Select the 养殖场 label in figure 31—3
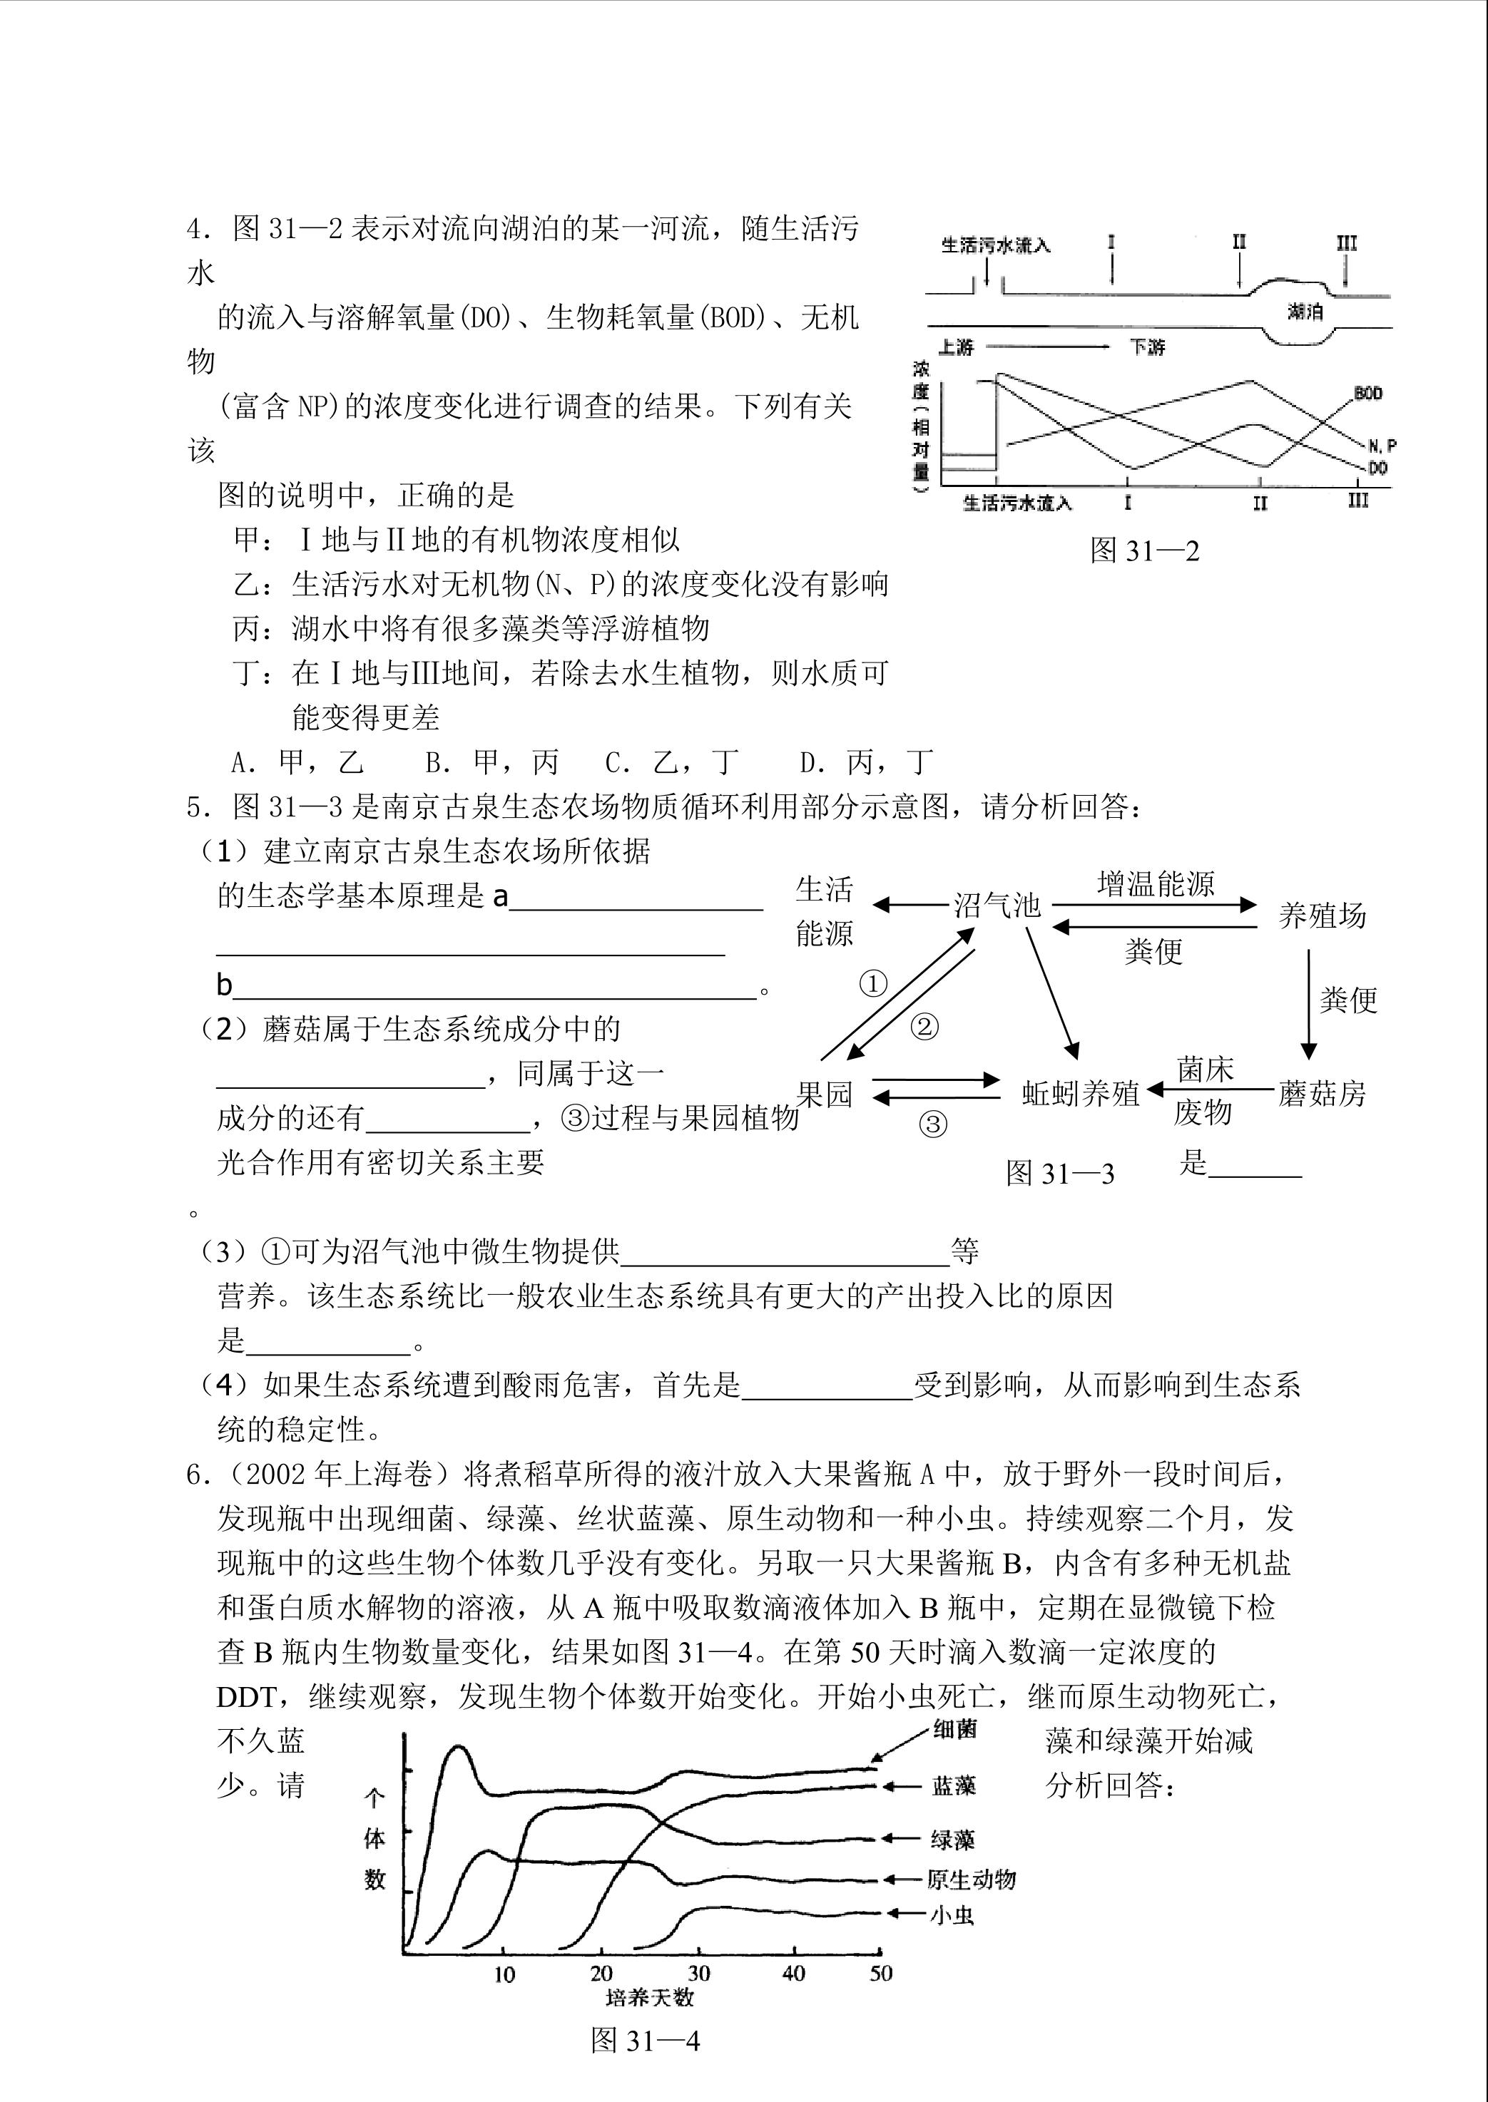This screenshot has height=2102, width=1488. tap(1321, 915)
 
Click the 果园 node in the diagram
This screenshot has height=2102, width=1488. tap(825, 1094)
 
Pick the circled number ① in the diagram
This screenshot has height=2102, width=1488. tap(873, 984)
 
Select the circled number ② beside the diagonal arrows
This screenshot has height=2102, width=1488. tap(924, 1027)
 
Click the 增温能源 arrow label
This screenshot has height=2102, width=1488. tap(1156, 884)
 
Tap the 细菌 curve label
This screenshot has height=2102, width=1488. tap(954, 1729)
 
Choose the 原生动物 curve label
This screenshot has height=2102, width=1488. tap(972, 1880)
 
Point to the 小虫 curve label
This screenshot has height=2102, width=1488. tap(952, 1915)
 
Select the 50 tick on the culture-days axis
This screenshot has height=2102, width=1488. tap(880, 1974)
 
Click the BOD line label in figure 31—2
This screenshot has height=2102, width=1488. tap(1368, 394)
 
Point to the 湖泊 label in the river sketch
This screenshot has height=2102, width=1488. tap(1305, 312)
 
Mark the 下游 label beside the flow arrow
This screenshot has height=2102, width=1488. tap(1147, 347)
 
